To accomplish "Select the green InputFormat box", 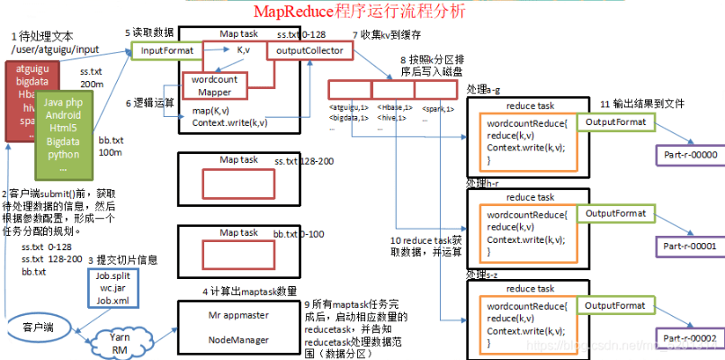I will [x=166, y=51].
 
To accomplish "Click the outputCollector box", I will [x=308, y=51].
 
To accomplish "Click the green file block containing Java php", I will [x=63, y=135].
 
